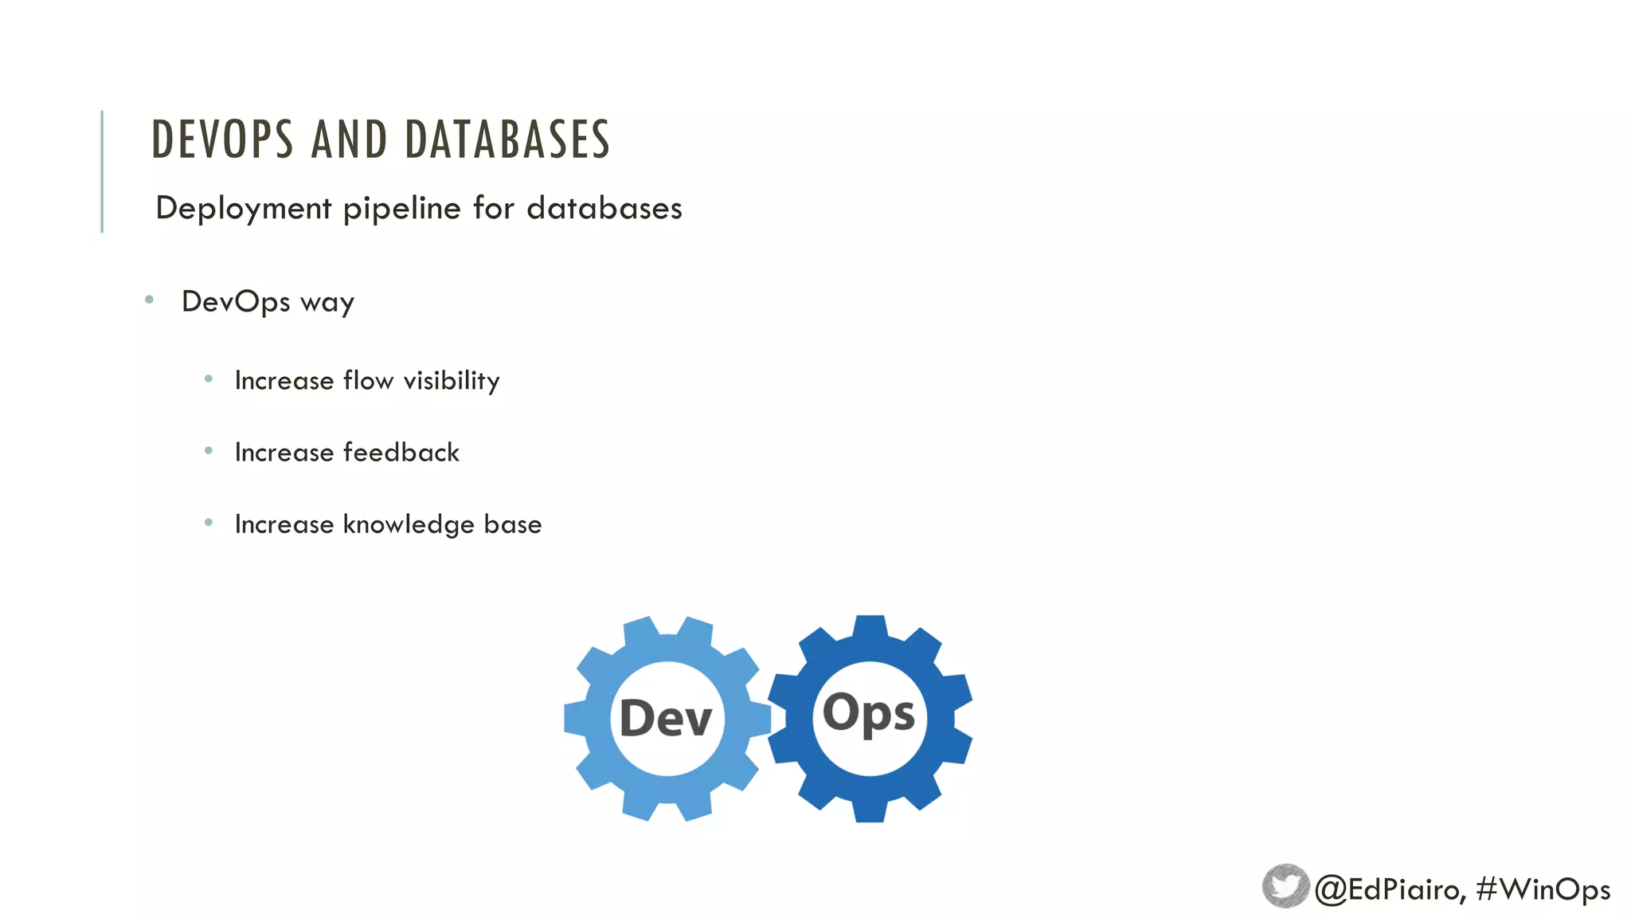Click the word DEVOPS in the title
pyautogui.click(x=222, y=139)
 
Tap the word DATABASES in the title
pyautogui.click(x=507, y=139)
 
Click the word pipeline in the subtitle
pyautogui.click(x=401, y=209)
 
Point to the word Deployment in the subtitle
pyautogui.click(x=243, y=209)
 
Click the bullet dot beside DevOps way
pyautogui.click(x=149, y=300)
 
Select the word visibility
pyautogui.click(x=452, y=381)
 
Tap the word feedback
pyautogui.click(x=401, y=453)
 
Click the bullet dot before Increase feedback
pyautogui.click(x=209, y=451)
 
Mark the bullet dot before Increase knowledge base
pyautogui.click(x=209, y=523)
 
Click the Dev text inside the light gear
pyautogui.click(x=666, y=718)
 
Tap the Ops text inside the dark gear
pyautogui.click(x=869, y=713)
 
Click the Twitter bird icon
pyautogui.click(x=1285, y=886)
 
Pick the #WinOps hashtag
pyautogui.click(x=1543, y=889)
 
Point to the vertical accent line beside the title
pyautogui.click(x=102, y=171)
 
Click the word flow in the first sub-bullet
pyautogui.click(x=368, y=381)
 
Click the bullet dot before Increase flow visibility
pyautogui.click(x=209, y=379)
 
